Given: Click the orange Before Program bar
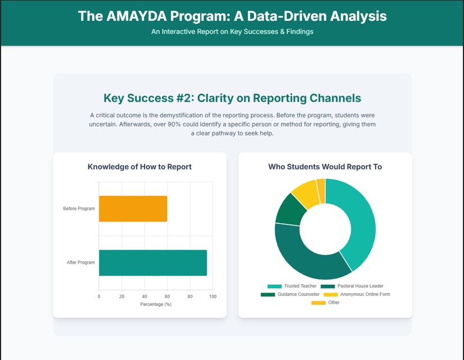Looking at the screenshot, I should [133, 209].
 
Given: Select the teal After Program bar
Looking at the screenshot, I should [152, 263].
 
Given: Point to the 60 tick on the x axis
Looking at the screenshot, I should [167, 296].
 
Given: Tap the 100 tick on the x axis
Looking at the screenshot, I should [213, 296].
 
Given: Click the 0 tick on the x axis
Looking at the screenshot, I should [99, 296].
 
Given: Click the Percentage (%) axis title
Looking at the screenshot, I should [156, 304].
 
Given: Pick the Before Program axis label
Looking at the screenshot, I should [79, 209].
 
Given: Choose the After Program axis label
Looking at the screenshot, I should [81, 263].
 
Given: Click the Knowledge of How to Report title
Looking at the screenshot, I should [139, 166].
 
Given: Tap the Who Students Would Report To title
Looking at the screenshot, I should [325, 166].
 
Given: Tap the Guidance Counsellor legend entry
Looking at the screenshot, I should [290, 294].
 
